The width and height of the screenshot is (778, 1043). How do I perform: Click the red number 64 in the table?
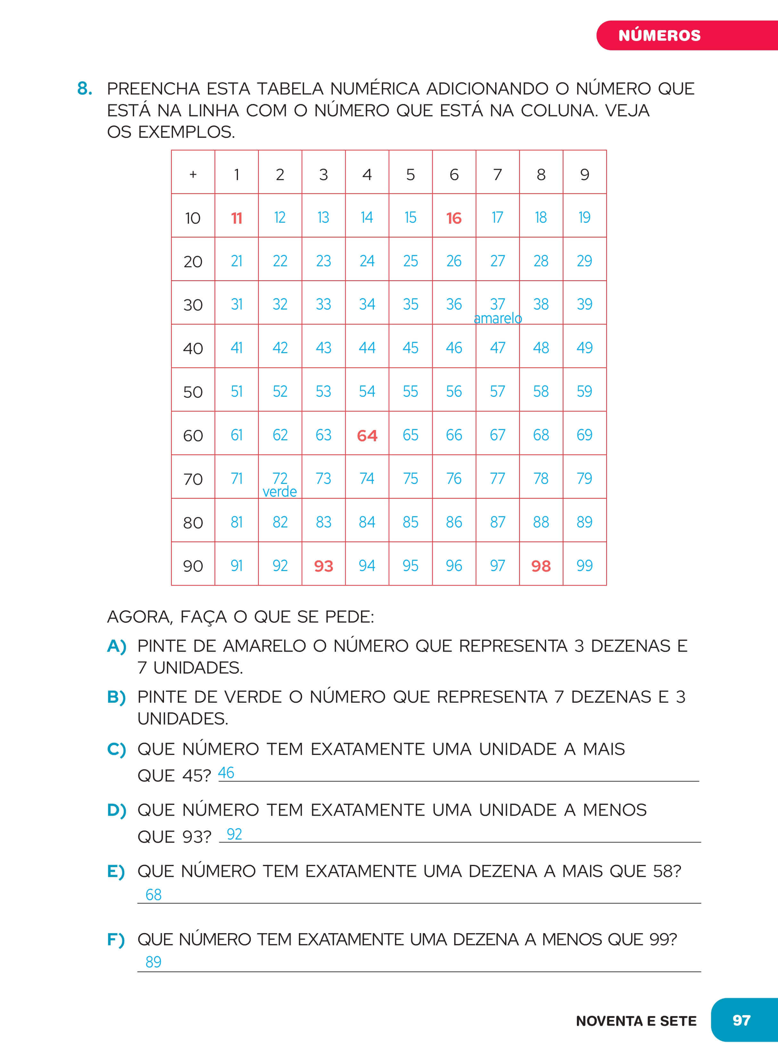[x=367, y=435]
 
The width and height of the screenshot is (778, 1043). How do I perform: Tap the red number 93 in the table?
[x=323, y=566]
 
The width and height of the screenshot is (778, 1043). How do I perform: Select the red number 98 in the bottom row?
[x=541, y=566]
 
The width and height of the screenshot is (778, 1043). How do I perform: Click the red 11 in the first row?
[x=236, y=218]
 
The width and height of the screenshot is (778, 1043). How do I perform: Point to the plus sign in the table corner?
[x=192, y=175]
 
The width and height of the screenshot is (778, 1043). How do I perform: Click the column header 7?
[x=497, y=175]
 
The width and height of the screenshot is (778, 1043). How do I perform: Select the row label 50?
[x=192, y=392]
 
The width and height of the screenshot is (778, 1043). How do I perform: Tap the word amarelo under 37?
[x=498, y=319]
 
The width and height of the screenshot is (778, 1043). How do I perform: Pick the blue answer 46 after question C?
[x=226, y=773]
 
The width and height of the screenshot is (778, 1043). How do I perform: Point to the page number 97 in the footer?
[x=741, y=1020]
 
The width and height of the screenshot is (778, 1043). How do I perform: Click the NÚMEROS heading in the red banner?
[x=659, y=35]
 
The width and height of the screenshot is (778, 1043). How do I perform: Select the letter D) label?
[x=116, y=810]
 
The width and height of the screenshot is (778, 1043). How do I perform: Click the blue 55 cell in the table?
[x=410, y=392]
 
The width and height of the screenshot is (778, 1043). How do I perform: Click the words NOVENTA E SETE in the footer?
[x=636, y=1021]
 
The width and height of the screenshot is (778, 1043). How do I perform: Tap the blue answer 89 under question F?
[x=153, y=962]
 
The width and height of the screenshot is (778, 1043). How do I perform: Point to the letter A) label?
[x=116, y=646]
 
